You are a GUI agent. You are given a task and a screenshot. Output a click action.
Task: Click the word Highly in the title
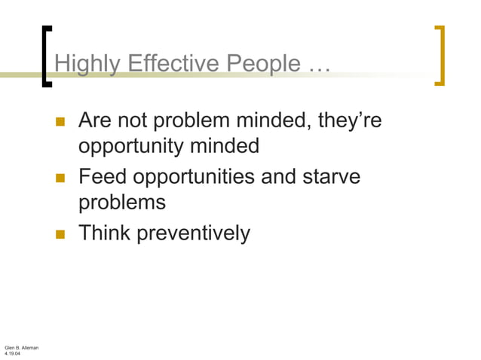click(x=82, y=66)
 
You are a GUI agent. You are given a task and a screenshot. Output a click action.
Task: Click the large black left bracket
click(x=47, y=56)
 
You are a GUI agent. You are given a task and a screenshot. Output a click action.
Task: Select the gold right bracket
click(x=440, y=56)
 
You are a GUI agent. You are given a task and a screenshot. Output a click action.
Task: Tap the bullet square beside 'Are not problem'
click(x=61, y=121)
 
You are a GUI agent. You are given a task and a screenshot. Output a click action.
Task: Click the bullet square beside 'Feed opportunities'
click(x=61, y=178)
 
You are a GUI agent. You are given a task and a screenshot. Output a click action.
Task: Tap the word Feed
click(x=103, y=178)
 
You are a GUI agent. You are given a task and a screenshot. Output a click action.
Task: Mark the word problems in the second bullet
click(x=121, y=203)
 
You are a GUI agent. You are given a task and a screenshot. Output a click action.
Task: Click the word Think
click(x=105, y=233)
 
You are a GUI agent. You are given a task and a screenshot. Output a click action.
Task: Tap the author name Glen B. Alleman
click(x=21, y=347)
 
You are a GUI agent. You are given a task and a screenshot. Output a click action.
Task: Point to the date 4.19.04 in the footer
click(x=13, y=353)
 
